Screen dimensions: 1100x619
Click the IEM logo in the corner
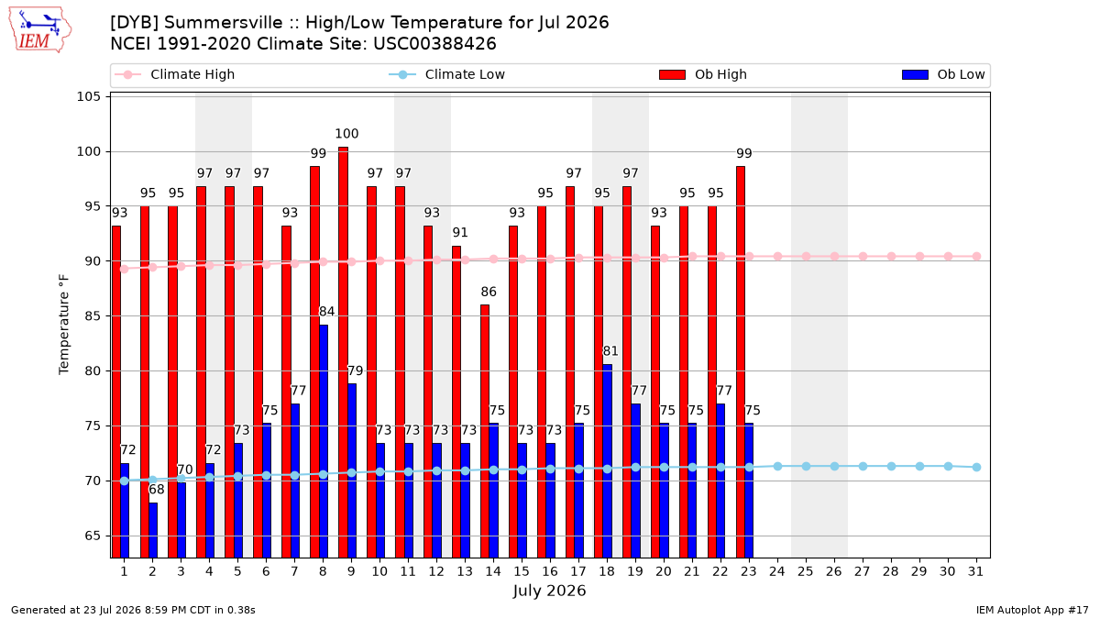(x=39, y=30)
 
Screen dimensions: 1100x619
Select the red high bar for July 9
(x=343, y=352)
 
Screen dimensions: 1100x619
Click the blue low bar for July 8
(x=323, y=441)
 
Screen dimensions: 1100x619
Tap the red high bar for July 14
(x=485, y=431)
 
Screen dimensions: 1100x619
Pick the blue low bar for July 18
(x=608, y=460)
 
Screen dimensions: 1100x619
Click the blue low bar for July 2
(x=153, y=530)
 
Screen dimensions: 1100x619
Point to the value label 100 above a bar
(x=346, y=134)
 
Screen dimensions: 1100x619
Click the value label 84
(x=326, y=312)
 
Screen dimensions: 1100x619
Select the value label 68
(x=156, y=490)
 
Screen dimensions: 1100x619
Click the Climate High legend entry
(x=174, y=74)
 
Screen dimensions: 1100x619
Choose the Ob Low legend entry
(x=943, y=74)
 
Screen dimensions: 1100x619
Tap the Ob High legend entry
(x=703, y=74)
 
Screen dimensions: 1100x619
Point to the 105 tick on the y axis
(x=88, y=96)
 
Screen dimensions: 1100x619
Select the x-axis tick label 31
(x=975, y=571)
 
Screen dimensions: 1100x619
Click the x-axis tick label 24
(x=777, y=571)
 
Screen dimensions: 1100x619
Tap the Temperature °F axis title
(x=64, y=325)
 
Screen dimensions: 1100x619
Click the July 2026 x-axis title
(x=549, y=591)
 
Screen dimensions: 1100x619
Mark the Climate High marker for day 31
(x=976, y=257)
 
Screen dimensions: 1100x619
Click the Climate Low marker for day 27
(x=863, y=466)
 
